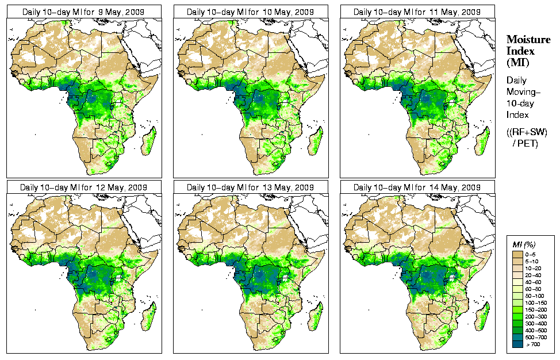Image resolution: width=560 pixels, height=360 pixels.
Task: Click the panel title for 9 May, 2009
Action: pyautogui.click(x=83, y=12)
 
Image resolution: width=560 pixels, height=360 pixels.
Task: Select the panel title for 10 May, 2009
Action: pyautogui.click(x=250, y=12)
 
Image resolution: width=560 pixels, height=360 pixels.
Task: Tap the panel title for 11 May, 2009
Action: pyautogui.click(x=417, y=12)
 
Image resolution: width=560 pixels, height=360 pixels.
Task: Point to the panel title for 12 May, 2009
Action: pyautogui.click(x=83, y=187)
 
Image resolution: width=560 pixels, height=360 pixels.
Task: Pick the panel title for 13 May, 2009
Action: pyautogui.click(x=250, y=187)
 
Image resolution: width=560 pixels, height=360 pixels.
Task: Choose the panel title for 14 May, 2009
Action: pyautogui.click(x=417, y=187)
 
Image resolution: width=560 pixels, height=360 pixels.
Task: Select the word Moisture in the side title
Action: pyautogui.click(x=524, y=39)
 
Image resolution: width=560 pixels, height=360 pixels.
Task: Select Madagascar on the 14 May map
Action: pyautogui.click(x=482, y=316)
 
